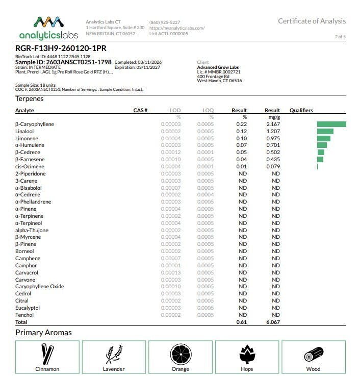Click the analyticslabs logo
click(48, 28)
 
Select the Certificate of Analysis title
click(312, 21)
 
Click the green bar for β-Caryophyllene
click(331, 124)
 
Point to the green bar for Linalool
click(325, 132)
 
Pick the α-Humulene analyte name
click(30, 145)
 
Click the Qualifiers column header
click(301, 111)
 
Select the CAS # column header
click(140, 111)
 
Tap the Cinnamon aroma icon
click(47, 353)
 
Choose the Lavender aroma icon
click(114, 353)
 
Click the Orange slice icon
click(180, 353)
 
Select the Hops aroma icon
click(247, 353)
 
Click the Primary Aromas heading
click(43, 333)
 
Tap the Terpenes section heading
click(30, 98)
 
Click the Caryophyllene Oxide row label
click(40, 287)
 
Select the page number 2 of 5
click(340, 37)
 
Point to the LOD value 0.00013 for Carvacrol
click(171, 273)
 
